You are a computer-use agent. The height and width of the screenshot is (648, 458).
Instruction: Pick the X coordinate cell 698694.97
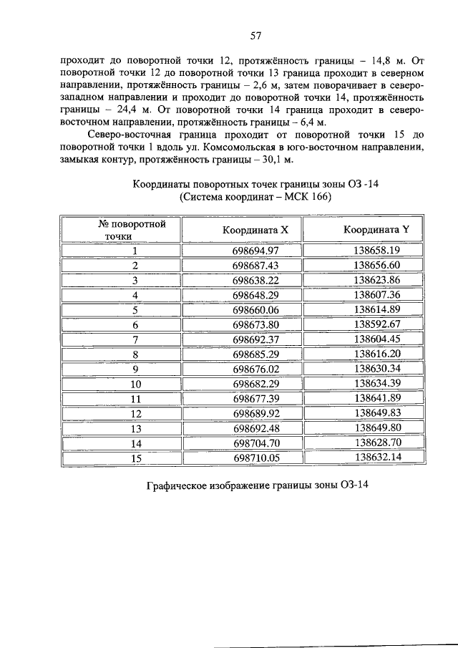255,251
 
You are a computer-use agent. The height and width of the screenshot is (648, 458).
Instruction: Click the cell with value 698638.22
255,280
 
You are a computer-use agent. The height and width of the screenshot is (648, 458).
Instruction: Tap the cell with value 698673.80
255,324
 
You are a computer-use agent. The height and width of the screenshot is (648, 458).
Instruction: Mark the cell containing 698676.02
255,369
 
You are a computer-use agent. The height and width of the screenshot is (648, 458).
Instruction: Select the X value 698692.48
255,428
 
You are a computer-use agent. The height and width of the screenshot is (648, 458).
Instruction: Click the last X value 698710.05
255,458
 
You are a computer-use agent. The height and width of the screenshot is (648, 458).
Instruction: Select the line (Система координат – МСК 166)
255,196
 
